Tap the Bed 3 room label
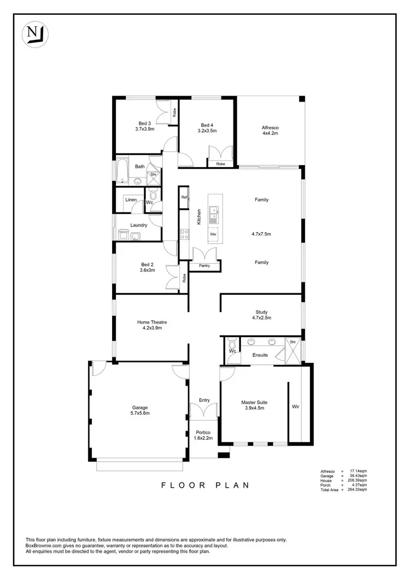[x=144, y=123]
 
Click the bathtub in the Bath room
[x=121, y=170]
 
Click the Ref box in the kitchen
[x=185, y=197]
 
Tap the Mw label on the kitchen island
[x=213, y=234]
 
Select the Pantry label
[x=204, y=265]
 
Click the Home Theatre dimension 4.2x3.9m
[x=151, y=328]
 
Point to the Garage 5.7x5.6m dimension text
[x=140, y=413]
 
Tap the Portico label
[x=204, y=432]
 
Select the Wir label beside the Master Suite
[x=295, y=406]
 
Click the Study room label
[x=261, y=312]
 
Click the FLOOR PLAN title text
[x=204, y=485]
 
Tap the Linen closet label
[x=131, y=200]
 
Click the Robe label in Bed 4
[x=220, y=164]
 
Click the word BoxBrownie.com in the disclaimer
[x=45, y=545]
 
